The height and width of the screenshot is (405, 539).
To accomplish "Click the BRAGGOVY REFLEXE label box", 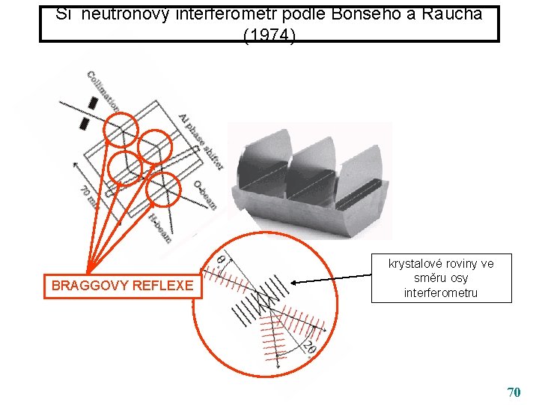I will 122,285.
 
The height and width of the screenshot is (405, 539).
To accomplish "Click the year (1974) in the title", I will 269,34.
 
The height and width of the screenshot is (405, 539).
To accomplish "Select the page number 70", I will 514,391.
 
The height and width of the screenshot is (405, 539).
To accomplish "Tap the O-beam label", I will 204,194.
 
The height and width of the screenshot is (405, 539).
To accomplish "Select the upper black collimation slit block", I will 94,103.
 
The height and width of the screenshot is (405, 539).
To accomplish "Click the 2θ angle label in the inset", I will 308,348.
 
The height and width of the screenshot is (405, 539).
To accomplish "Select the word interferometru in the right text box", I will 441,292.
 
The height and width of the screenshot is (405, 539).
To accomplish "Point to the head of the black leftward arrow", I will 293,283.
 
